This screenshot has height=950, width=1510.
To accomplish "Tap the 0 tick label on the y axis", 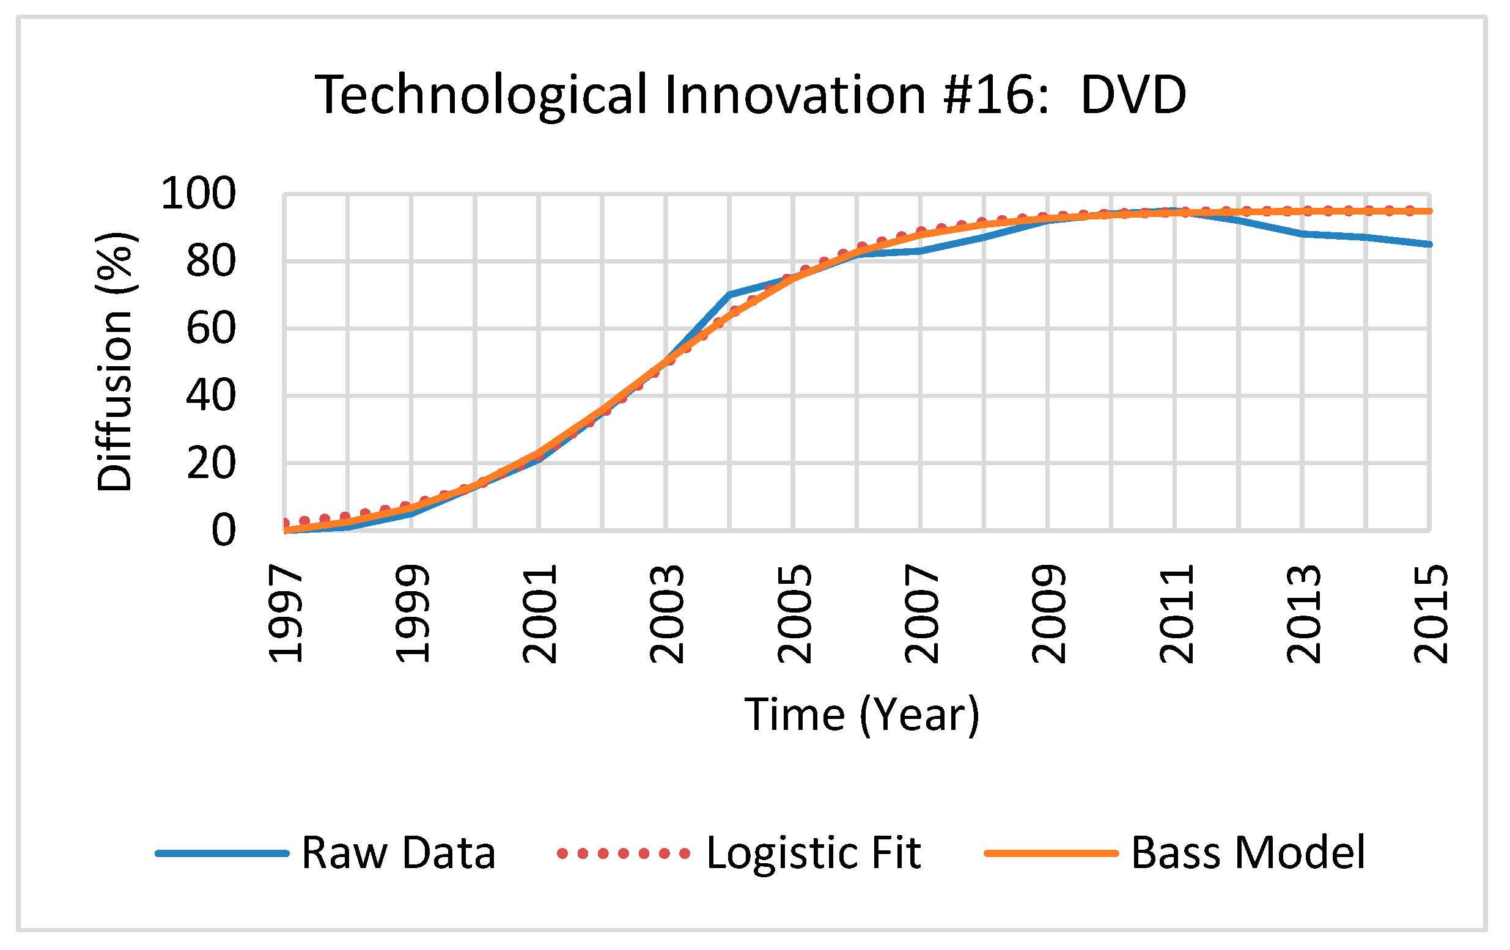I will click(223, 531).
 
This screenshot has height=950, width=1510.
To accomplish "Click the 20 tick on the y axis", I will click(211, 463).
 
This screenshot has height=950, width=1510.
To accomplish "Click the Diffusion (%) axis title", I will click(115, 362).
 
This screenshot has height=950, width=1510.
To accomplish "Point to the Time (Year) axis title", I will click(861, 715).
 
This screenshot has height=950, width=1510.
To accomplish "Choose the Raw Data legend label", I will click(398, 853).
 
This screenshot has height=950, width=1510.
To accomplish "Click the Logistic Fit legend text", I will click(813, 853).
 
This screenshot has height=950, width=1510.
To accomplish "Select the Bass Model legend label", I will click(1248, 853).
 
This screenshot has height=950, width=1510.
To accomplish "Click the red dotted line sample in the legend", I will click(624, 853).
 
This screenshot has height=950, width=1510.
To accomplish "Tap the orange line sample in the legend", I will click(1051, 853).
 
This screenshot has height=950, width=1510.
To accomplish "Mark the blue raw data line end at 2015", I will click(1429, 244).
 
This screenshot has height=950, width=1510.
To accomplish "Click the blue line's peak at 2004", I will click(730, 294).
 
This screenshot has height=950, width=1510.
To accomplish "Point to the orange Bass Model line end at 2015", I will click(1429, 212).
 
